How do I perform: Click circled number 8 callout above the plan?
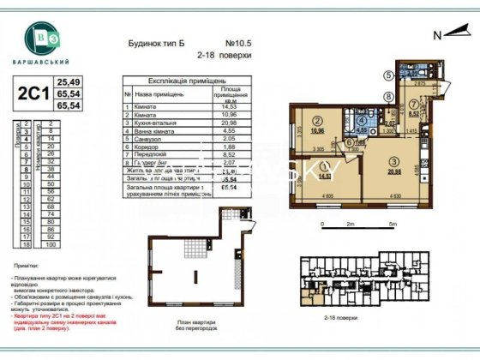click(x=387, y=96)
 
